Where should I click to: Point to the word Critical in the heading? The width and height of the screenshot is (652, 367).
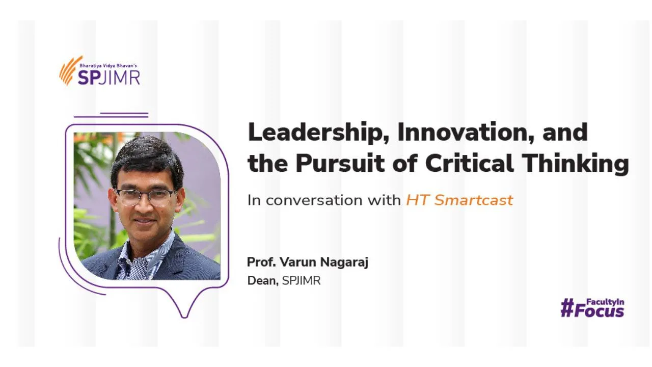pyautogui.click(x=469, y=163)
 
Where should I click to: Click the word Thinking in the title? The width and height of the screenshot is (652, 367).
pyautogui.click(x=575, y=164)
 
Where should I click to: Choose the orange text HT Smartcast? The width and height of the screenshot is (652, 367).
pyautogui.click(x=459, y=200)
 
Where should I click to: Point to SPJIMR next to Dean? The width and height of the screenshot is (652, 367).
pyautogui.click(x=301, y=281)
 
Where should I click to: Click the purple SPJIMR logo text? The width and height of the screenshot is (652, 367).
pyautogui.click(x=109, y=78)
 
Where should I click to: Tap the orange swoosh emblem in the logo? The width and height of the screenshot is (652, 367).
pyautogui.click(x=70, y=71)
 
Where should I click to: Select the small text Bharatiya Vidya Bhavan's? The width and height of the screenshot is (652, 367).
pyautogui.click(x=108, y=66)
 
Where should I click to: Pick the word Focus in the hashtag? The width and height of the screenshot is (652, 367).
pyautogui.click(x=599, y=311)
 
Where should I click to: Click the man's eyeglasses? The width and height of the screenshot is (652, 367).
pyautogui.click(x=145, y=197)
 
